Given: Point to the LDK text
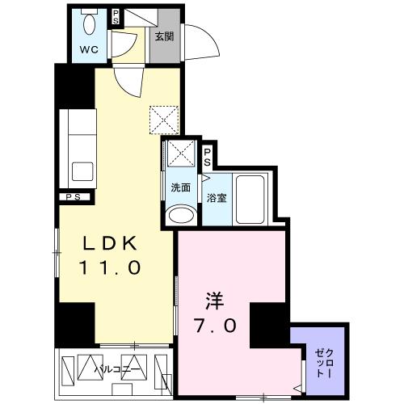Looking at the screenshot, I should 113,244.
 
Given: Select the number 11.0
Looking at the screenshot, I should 112,267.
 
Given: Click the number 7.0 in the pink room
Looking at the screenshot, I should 216,327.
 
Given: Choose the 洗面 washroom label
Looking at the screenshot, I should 180,188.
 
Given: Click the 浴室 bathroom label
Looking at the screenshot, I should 215,197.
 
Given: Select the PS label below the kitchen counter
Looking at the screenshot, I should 73,196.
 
